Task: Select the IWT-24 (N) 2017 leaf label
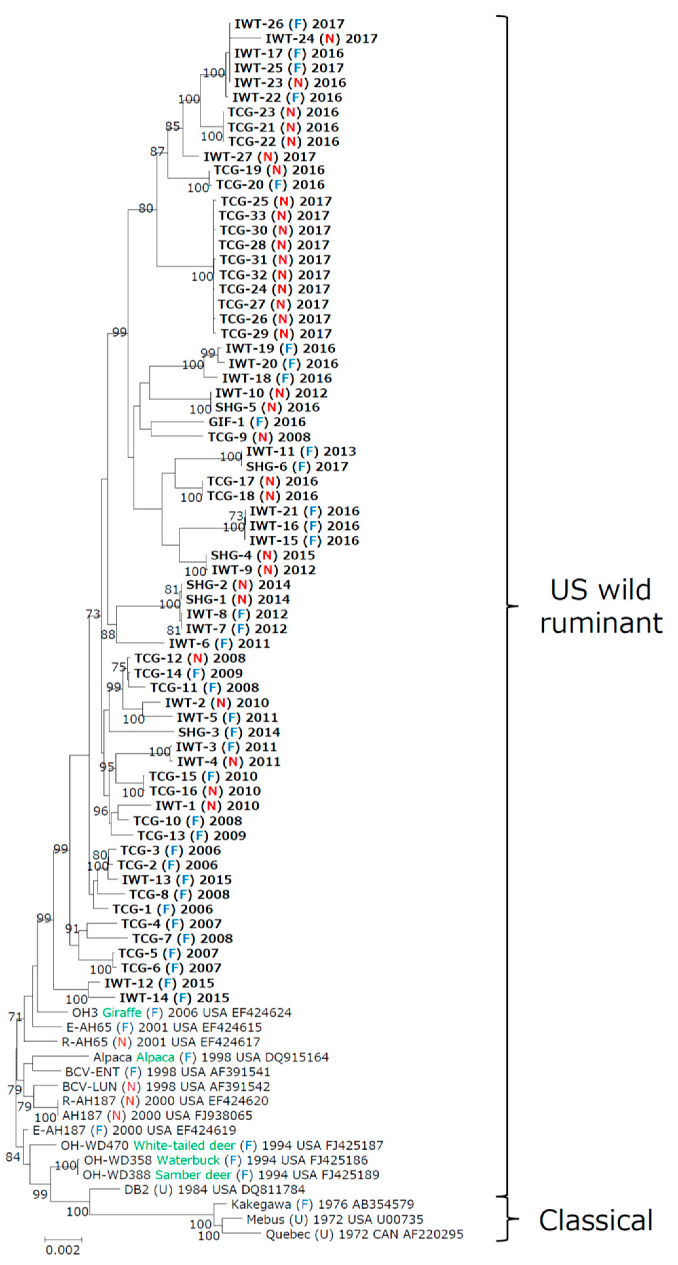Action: click(321, 38)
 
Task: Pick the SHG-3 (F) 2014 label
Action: click(229, 732)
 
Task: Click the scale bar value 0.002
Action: click(63, 1250)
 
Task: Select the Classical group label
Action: click(595, 1220)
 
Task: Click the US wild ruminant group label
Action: click(601, 606)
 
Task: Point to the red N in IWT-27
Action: click(268, 157)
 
